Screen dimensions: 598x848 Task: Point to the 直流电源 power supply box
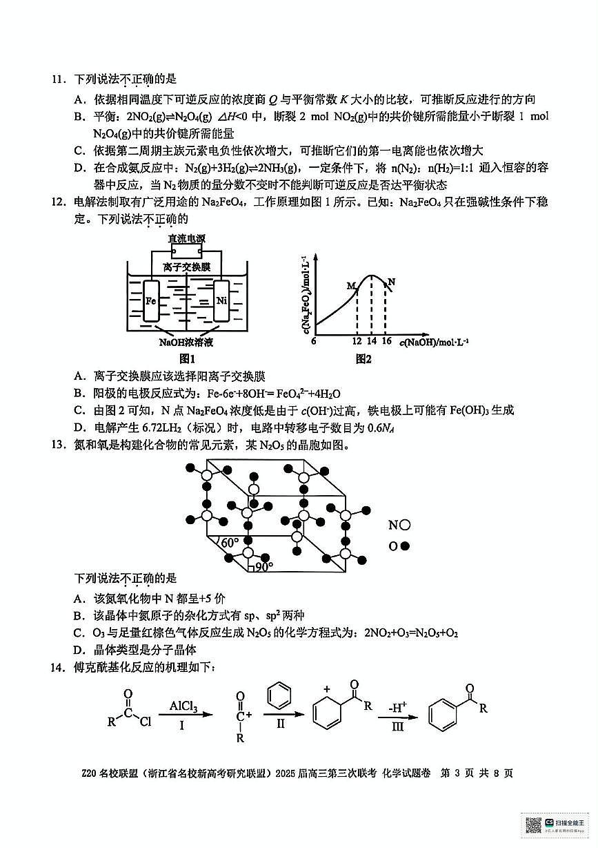(187, 239)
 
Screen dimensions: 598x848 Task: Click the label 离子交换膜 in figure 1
(187, 267)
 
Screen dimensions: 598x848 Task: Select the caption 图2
(363, 358)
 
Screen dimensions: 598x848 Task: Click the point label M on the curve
(350, 285)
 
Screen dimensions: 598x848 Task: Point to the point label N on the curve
(391, 282)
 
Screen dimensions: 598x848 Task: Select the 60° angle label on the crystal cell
(229, 543)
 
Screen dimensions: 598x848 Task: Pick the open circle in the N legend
(405, 525)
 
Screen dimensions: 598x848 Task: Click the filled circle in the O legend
(405, 546)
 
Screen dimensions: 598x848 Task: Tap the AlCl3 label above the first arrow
(183, 706)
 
